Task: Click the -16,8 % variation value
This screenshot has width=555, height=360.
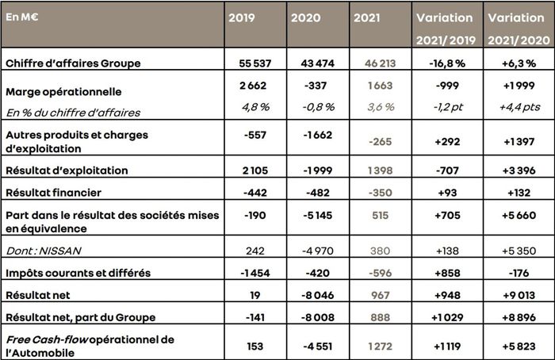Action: click(444, 60)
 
